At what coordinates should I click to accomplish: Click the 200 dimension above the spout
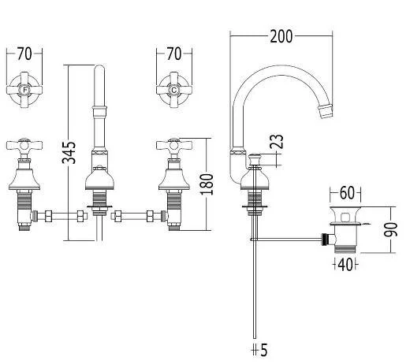[281, 37]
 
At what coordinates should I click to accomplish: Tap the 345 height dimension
[69, 153]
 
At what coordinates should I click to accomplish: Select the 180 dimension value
[207, 184]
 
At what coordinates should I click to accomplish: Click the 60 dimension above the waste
[347, 193]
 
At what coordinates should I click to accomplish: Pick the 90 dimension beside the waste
[391, 229]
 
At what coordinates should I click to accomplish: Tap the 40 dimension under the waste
[345, 265]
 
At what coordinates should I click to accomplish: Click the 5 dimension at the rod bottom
[263, 350]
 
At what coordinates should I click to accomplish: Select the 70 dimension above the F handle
[24, 54]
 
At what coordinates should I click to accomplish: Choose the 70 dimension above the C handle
[174, 54]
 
